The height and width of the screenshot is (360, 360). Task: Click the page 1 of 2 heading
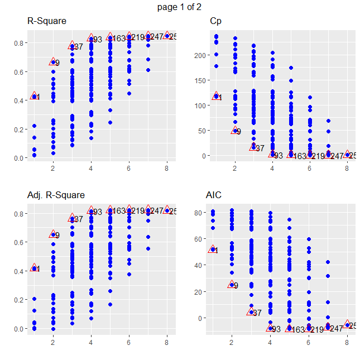coord(180,7)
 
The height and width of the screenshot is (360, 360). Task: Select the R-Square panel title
coord(47,21)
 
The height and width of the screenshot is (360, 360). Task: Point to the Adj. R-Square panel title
coord(56,195)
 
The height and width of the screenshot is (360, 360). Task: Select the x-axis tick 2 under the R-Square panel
coord(53,167)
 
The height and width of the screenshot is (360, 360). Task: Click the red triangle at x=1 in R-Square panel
coord(34,96)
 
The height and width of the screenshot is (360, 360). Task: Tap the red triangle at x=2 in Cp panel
coord(235,130)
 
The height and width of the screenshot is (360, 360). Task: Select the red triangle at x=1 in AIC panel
coord(213,249)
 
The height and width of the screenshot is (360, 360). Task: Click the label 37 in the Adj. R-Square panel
coord(79,219)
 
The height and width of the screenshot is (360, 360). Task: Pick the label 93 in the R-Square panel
coord(98,40)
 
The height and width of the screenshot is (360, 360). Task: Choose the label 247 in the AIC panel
coord(337,329)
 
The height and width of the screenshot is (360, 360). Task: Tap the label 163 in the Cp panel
coord(300,157)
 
